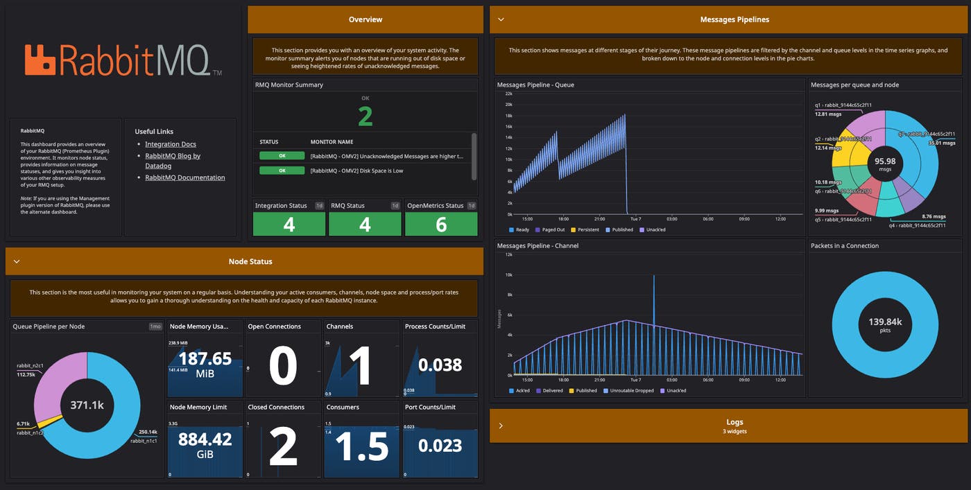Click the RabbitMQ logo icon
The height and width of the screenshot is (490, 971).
[x=40, y=60]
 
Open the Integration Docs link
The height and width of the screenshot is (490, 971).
[x=171, y=144]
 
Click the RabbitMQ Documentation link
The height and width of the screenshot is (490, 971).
[x=184, y=177]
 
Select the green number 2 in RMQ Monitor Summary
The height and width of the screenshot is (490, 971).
[x=365, y=116]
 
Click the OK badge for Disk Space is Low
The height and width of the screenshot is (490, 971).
[x=282, y=170]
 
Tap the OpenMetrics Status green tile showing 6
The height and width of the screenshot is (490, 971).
[x=441, y=224]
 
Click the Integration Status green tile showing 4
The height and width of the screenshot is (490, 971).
[x=289, y=224]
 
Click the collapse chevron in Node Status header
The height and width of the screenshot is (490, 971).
[x=17, y=262]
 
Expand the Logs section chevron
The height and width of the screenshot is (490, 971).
[x=501, y=426]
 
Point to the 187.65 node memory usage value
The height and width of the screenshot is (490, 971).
[x=205, y=358]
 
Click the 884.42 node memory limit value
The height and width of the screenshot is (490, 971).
[x=205, y=439]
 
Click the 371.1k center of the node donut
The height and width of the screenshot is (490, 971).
[x=87, y=405]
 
